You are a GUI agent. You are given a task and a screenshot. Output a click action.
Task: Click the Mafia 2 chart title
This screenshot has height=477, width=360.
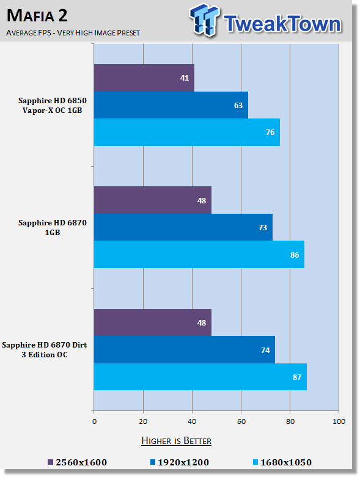(37, 15)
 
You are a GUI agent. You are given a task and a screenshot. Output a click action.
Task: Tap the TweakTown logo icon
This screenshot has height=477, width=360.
(205, 20)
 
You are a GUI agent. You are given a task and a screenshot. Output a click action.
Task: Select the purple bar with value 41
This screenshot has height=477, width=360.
(144, 78)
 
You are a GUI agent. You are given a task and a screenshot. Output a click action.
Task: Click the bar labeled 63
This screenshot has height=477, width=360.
(171, 105)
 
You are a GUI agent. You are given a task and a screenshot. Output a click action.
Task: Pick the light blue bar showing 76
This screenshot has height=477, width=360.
(187, 132)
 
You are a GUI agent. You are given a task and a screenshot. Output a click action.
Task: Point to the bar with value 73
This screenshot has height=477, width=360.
(183, 227)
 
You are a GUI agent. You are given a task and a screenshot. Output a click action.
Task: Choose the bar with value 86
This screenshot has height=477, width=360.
(199, 254)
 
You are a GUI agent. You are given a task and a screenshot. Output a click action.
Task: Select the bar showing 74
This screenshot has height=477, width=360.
(185, 350)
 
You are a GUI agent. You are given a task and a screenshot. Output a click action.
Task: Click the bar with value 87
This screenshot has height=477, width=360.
(200, 377)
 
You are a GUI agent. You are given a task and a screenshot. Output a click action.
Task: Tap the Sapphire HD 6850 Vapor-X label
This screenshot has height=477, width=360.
(53, 105)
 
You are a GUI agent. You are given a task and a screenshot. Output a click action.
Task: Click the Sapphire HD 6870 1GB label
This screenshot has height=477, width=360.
(53, 228)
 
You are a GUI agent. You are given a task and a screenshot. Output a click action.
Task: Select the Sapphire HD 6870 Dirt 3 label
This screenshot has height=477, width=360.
(45, 350)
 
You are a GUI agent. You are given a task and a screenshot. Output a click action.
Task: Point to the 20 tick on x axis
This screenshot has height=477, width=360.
(143, 421)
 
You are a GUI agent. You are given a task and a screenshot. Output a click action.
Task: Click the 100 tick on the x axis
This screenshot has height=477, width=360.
(339, 421)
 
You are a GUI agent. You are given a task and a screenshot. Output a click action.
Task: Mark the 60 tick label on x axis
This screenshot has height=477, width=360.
(241, 421)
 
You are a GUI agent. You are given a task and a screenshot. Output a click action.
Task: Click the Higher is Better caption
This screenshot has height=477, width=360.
(177, 441)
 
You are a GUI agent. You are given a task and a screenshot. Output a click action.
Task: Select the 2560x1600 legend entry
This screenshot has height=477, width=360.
(78, 462)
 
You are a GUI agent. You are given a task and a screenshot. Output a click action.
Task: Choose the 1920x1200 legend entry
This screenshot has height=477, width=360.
(180, 462)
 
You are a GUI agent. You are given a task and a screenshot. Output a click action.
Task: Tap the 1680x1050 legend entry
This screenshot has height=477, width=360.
(282, 462)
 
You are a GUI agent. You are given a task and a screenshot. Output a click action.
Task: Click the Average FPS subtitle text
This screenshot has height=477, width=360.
(73, 32)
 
